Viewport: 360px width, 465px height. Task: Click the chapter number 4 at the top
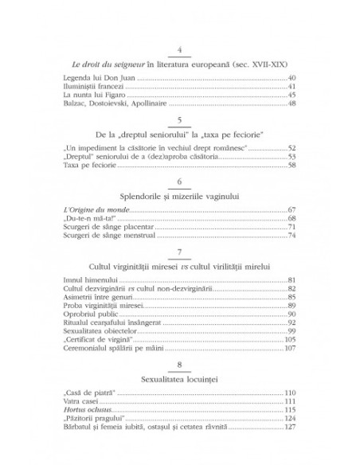(181, 51)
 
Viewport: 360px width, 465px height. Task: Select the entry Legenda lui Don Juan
(90, 77)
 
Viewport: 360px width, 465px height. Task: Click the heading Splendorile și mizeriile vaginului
(180, 195)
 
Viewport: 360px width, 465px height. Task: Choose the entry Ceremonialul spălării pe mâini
(105, 350)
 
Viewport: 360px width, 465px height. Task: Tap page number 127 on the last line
(291, 428)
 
